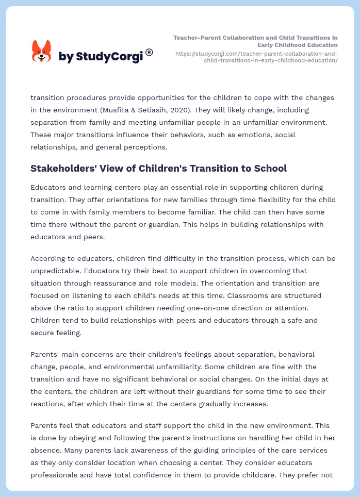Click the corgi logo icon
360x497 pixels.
pos(42,51)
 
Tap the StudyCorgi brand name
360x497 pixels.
pos(101,56)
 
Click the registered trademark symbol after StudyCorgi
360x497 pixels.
pos(149,52)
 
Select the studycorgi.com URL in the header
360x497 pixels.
pos(256,57)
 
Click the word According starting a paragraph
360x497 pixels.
pos(48,258)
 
